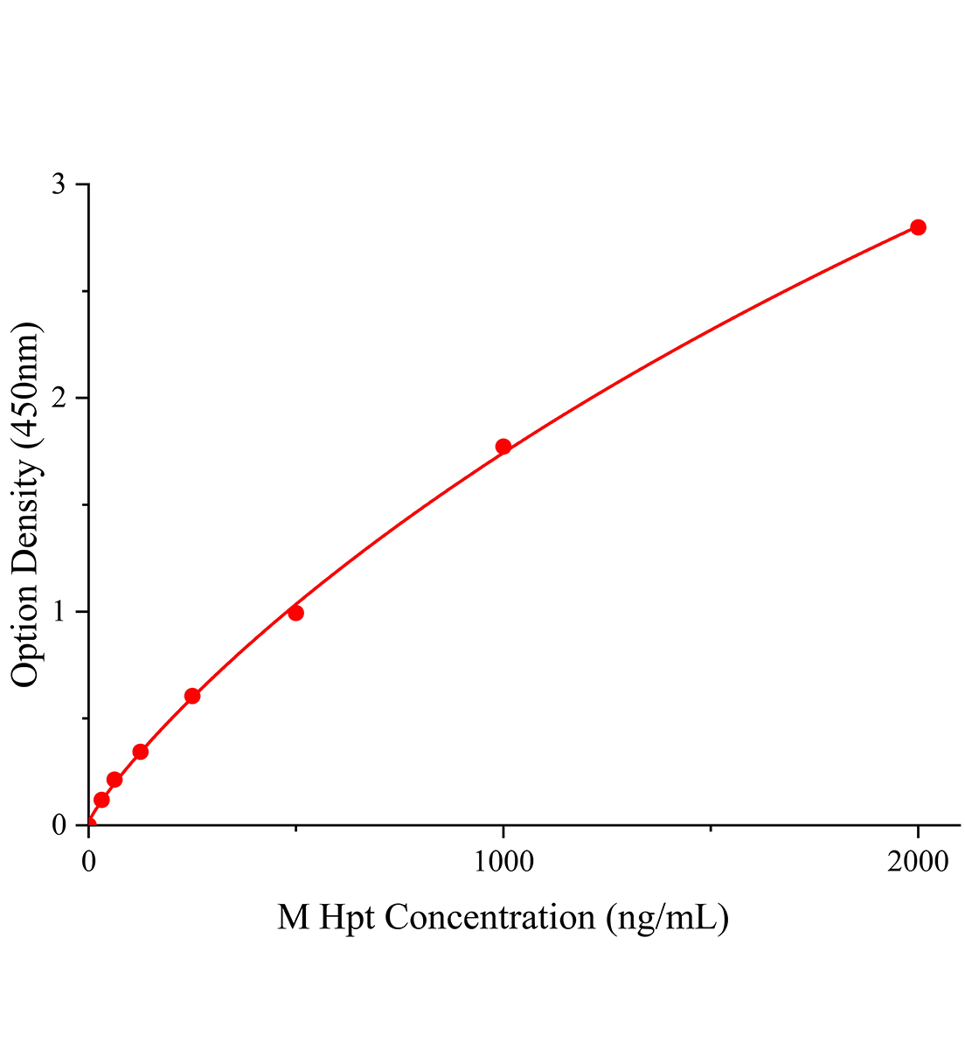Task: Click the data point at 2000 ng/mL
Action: pos(918,227)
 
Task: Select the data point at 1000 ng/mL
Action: pos(503,447)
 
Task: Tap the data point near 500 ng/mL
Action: pos(296,613)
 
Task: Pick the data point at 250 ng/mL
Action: pos(192,696)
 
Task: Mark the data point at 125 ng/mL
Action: pos(140,752)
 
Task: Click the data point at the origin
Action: pos(89,823)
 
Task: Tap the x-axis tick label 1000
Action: pos(503,862)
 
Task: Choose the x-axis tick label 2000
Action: pos(918,862)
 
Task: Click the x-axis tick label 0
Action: pos(89,862)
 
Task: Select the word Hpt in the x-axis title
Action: pos(346,918)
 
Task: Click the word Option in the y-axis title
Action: pos(26,637)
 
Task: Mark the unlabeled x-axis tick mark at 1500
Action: pos(711,828)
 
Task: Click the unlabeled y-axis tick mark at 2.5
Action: pos(85,292)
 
